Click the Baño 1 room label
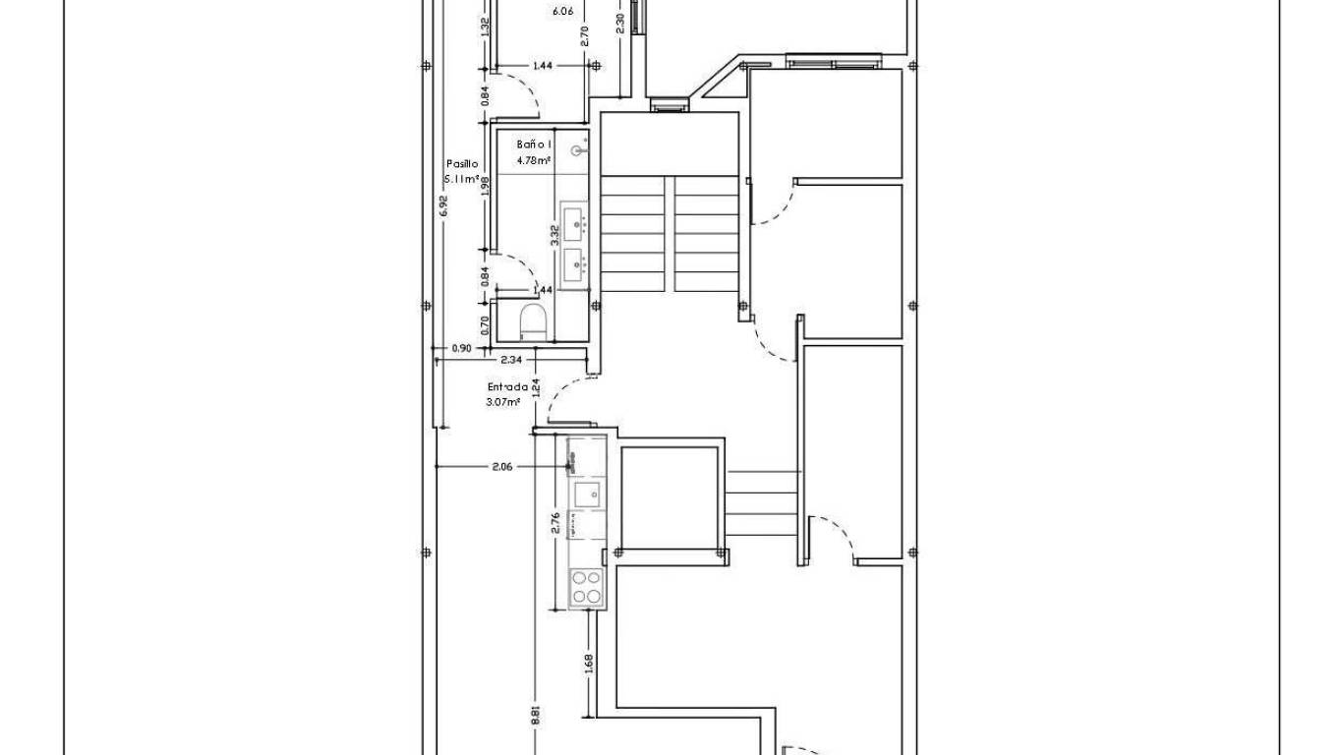534,145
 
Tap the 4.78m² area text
534,159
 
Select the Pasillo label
462,164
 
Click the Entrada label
508,386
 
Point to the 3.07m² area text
503,402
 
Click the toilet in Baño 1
532,321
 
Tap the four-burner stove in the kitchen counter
587,587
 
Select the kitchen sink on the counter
587,494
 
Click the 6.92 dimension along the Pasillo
443,205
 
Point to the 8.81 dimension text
536,715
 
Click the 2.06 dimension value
501,467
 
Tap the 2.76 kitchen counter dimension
555,523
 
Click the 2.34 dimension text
511,360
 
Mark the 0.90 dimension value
460,348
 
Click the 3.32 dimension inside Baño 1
555,234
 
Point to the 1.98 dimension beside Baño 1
485,187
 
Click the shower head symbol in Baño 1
579,150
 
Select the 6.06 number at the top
562,12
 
